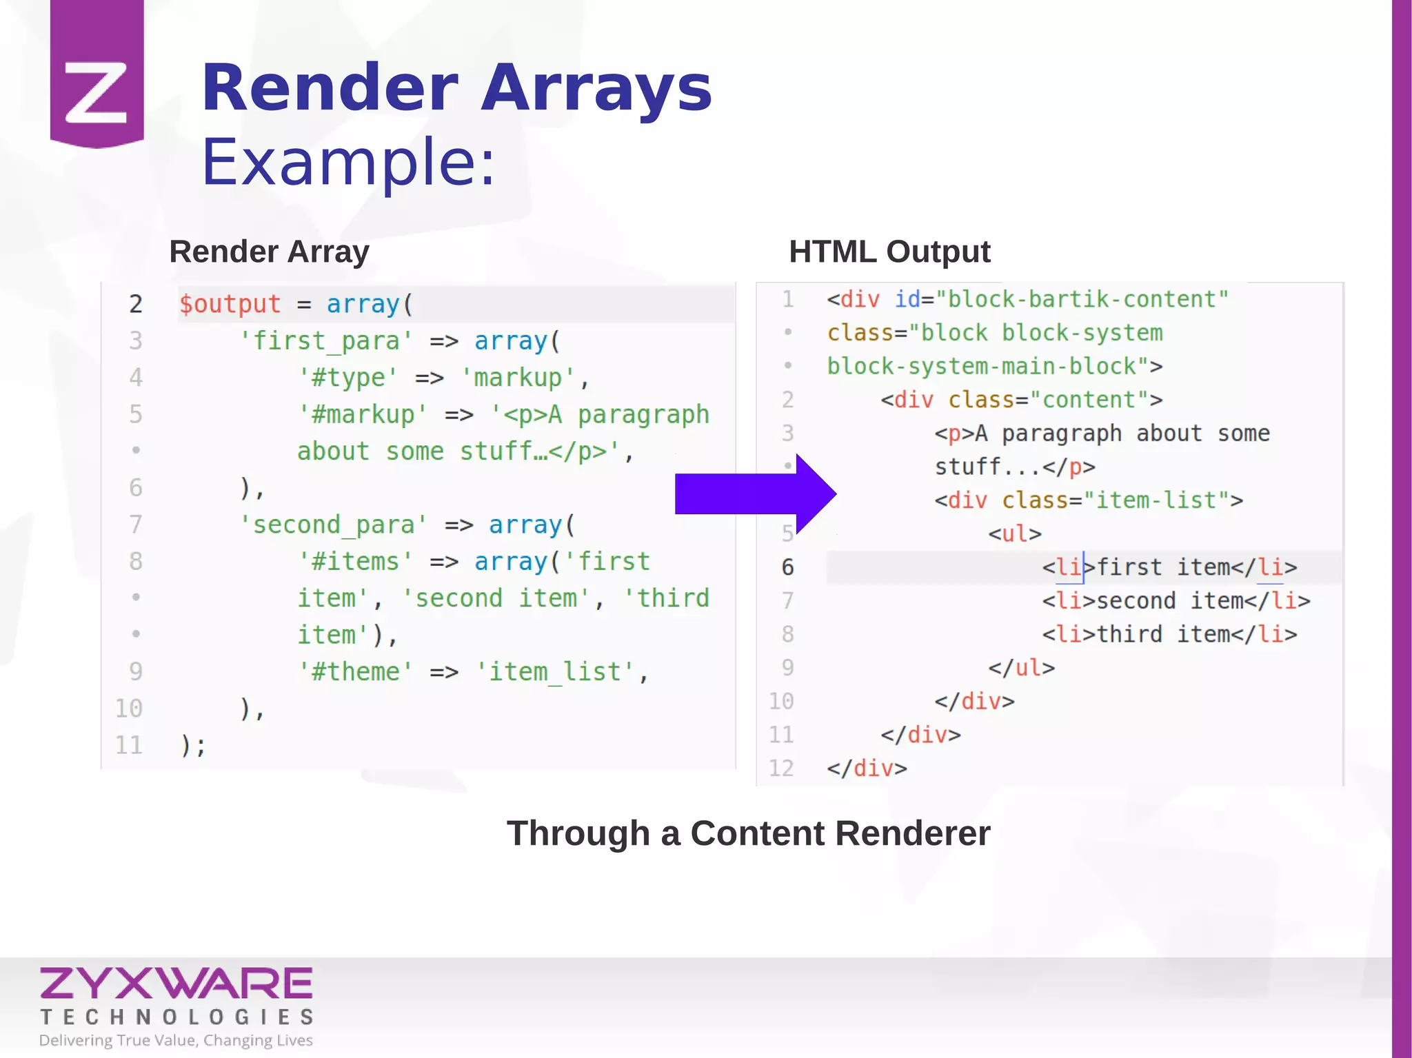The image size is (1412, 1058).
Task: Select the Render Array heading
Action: pos(269,252)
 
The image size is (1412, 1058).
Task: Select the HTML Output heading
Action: pos(889,252)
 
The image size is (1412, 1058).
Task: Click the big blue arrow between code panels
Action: pos(755,494)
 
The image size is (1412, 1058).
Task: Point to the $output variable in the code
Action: pos(230,304)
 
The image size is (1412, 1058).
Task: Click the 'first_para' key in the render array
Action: pos(325,341)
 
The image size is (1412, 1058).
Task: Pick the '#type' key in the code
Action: pos(347,378)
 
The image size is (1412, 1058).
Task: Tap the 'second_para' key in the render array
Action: pos(333,525)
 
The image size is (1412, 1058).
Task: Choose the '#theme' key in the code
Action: pos(355,672)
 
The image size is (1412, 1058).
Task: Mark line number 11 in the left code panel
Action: pos(129,745)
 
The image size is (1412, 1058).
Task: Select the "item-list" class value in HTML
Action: pos(1156,500)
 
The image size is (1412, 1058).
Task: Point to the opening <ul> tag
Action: pos(1014,534)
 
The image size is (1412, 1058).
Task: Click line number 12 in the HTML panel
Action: pos(781,769)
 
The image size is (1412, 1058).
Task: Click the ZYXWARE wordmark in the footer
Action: pos(176,984)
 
